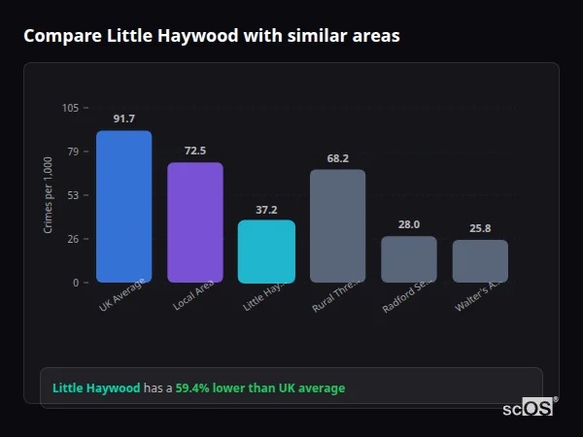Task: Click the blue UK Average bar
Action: coord(123,207)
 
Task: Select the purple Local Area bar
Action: coord(194,222)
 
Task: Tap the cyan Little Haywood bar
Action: coord(266,252)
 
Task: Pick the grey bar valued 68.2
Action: coord(337,226)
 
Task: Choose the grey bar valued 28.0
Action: coord(409,259)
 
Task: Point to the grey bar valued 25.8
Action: coord(480,261)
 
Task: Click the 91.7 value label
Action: coord(123,119)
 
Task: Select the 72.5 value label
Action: coord(194,151)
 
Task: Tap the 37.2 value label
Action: coord(266,209)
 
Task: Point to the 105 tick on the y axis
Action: coord(70,108)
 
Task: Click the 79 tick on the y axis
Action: coord(73,151)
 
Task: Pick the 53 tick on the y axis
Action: coord(73,195)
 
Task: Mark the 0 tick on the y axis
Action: coord(76,283)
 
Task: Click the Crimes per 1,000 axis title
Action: coord(48,194)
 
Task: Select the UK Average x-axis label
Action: coord(121,296)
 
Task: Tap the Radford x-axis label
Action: coord(407,296)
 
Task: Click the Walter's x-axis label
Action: coord(478,296)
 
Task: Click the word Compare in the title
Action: coord(60,35)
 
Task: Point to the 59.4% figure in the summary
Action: coord(193,388)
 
